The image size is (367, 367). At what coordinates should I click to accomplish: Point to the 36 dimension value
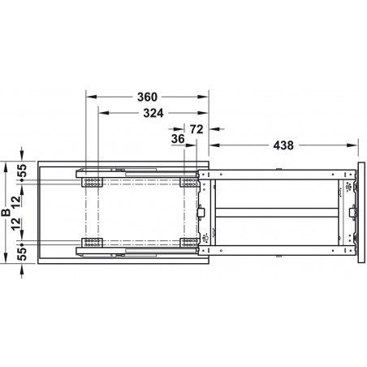177,140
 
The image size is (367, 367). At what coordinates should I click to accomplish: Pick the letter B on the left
6,214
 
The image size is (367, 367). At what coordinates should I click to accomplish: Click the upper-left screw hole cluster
91,181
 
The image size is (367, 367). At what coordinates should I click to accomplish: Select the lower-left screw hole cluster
91,241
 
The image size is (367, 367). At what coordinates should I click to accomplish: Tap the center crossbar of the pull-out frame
276,211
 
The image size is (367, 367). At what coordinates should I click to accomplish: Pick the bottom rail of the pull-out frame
276,250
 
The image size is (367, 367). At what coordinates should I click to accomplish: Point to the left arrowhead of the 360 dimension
89,95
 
